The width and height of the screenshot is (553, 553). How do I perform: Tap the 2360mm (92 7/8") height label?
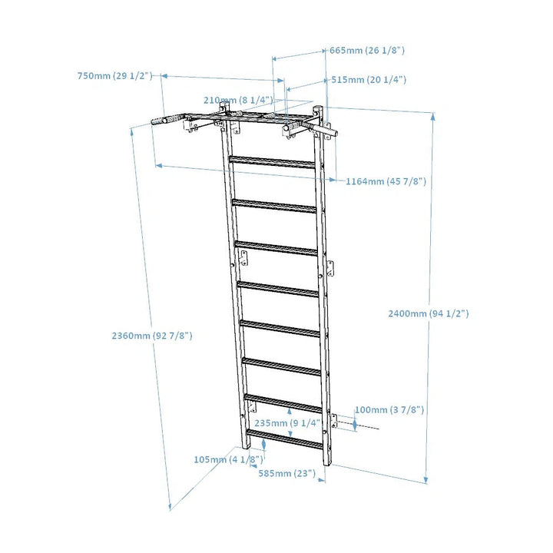[152, 336]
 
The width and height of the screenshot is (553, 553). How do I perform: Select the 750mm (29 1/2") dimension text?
[115, 76]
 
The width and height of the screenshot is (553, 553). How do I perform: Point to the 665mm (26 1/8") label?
[367, 50]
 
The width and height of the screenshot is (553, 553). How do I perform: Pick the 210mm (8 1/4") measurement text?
[238, 100]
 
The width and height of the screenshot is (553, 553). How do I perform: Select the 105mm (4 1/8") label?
[229, 459]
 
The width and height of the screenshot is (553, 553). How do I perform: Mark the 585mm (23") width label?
[286, 474]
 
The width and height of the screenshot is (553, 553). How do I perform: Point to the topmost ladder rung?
[273, 161]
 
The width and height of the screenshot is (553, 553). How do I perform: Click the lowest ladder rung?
[285, 442]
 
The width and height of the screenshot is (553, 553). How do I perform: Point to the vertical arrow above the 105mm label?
[263, 444]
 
